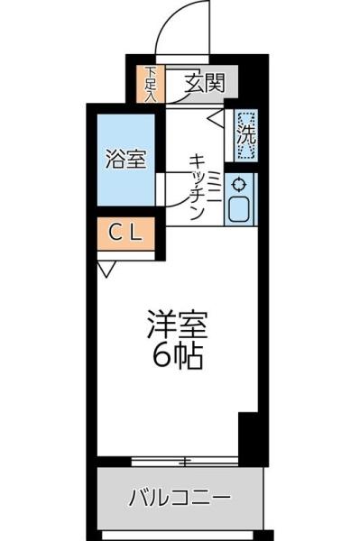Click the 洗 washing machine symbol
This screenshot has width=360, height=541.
coord(245,134)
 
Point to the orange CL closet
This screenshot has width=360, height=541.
coord(125,232)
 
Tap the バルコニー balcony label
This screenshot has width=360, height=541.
coord(180,497)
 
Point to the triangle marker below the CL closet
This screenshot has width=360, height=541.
coord(106,268)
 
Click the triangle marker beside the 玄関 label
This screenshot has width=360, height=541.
coord(215,115)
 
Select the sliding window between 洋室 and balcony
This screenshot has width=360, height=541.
coord(185,462)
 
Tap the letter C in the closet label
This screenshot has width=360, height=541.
coord(115,232)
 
